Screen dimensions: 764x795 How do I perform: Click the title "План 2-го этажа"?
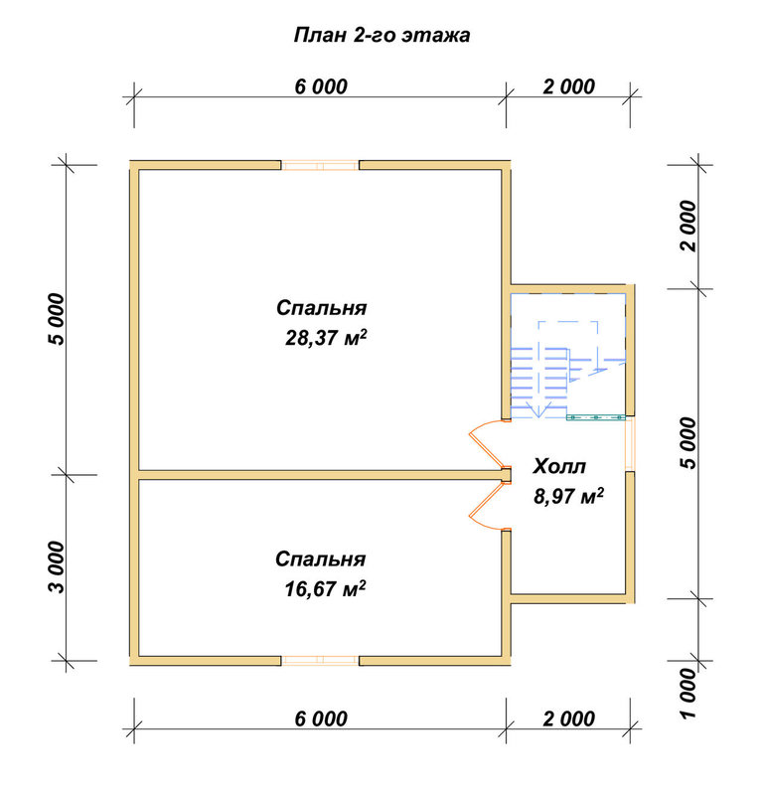(382, 35)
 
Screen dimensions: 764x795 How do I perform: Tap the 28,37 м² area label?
(326, 338)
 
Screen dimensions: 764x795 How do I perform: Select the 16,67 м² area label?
(325, 589)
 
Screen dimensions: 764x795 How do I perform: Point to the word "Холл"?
(559, 466)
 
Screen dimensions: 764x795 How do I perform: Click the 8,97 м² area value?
(568, 496)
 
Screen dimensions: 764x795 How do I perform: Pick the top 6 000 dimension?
(321, 86)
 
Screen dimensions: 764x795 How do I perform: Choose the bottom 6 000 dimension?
(321, 718)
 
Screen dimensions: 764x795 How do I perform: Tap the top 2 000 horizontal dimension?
(569, 86)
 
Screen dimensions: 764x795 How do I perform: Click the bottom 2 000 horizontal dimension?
(569, 718)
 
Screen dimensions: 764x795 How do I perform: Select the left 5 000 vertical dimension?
(57, 319)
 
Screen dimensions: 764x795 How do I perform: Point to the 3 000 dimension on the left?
(57, 567)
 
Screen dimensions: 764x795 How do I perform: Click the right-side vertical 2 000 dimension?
(688, 227)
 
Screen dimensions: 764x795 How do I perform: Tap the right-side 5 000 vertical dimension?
(688, 443)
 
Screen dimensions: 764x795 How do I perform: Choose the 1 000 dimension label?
(688, 693)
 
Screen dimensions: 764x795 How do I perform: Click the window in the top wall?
(320, 165)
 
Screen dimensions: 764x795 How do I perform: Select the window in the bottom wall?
(320, 660)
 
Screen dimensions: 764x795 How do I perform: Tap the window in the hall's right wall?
(630, 443)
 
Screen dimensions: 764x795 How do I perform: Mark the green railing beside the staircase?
(595, 417)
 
